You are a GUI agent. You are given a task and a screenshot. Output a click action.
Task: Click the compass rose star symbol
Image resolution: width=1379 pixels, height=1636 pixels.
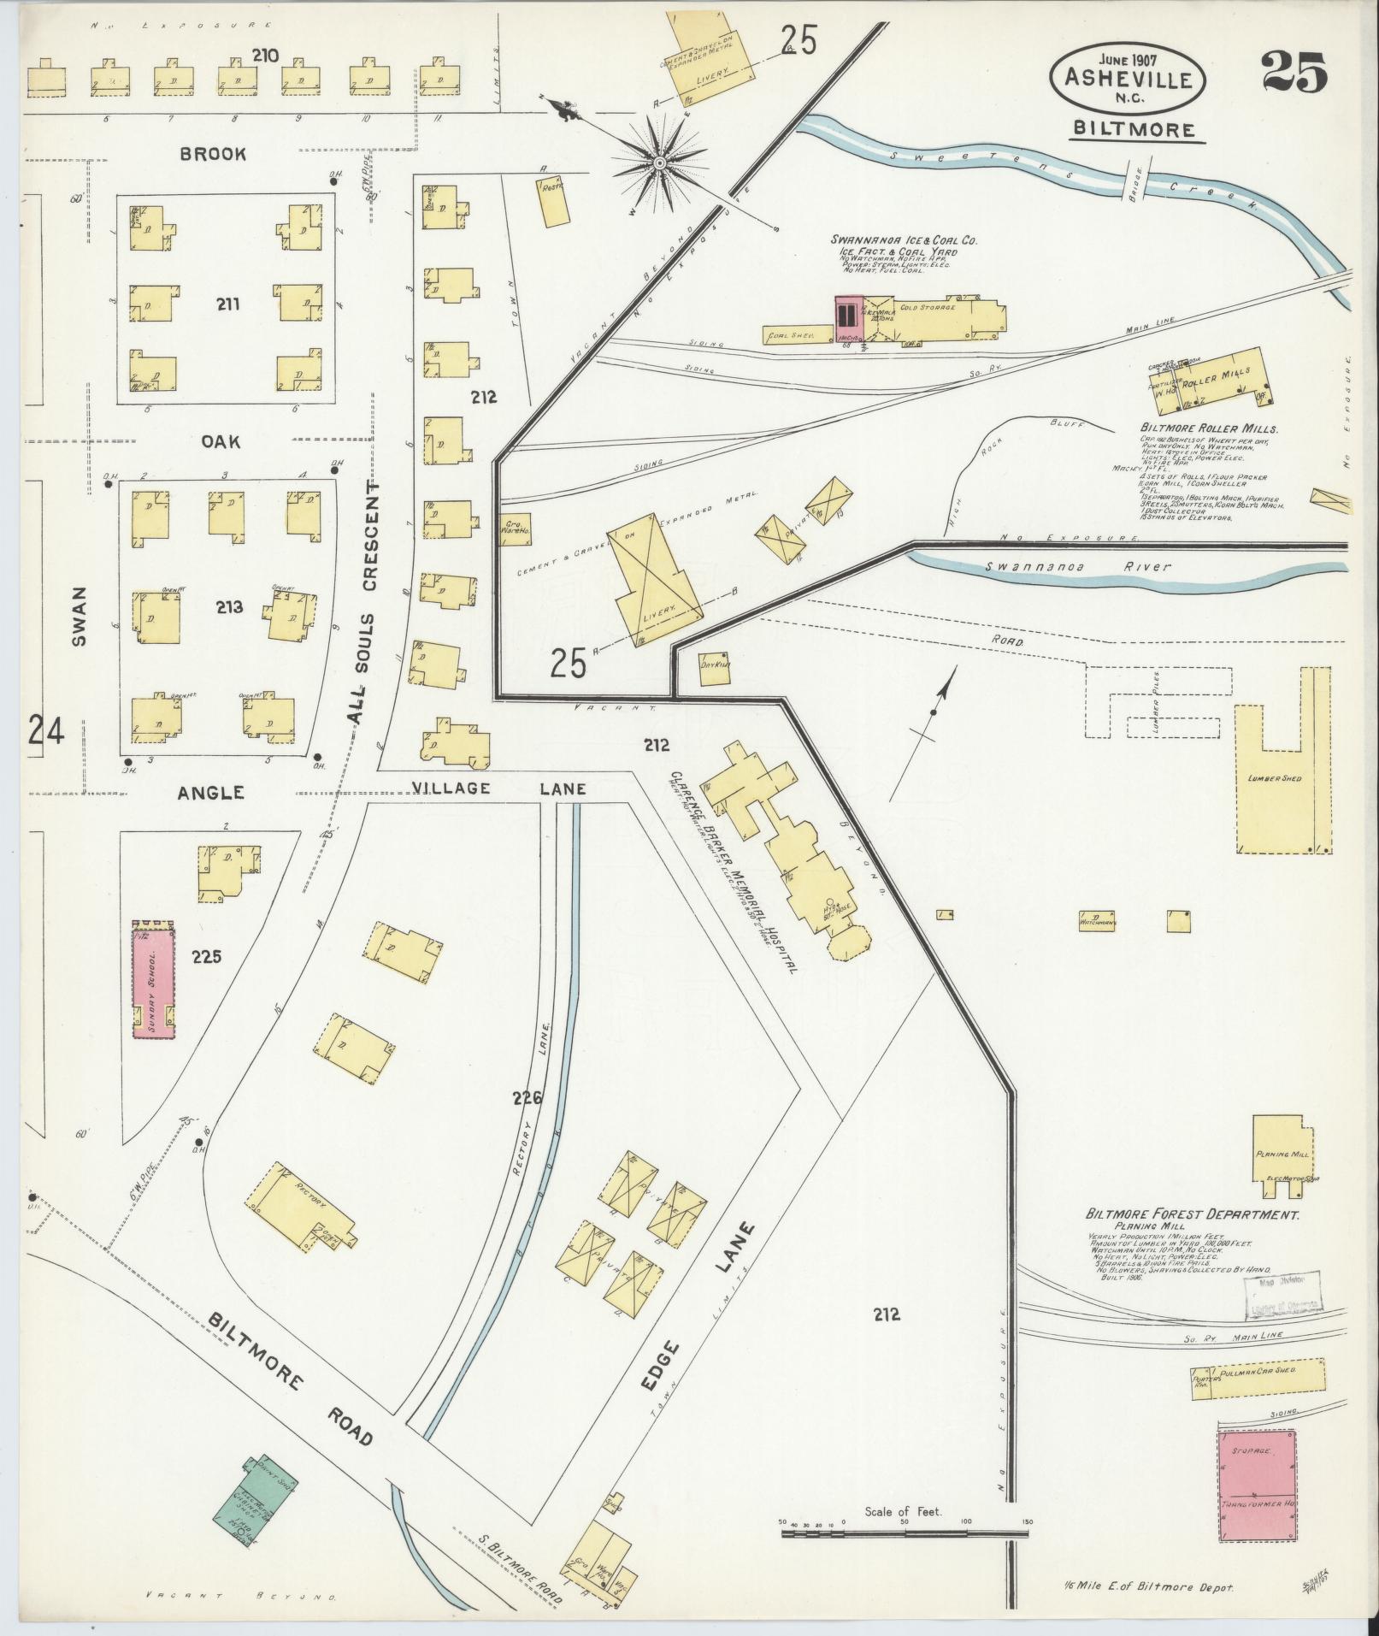pos(660,161)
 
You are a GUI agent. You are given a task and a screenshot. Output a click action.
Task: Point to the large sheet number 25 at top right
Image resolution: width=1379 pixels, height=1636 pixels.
pos(1294,72)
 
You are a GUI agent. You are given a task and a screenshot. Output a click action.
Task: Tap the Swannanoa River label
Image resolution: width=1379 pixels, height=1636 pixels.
pos(1077,566)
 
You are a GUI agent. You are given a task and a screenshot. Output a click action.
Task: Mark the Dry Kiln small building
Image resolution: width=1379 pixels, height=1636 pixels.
pos(714,670)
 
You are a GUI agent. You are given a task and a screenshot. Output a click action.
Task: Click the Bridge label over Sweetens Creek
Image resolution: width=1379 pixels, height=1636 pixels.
pos(1134,179)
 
